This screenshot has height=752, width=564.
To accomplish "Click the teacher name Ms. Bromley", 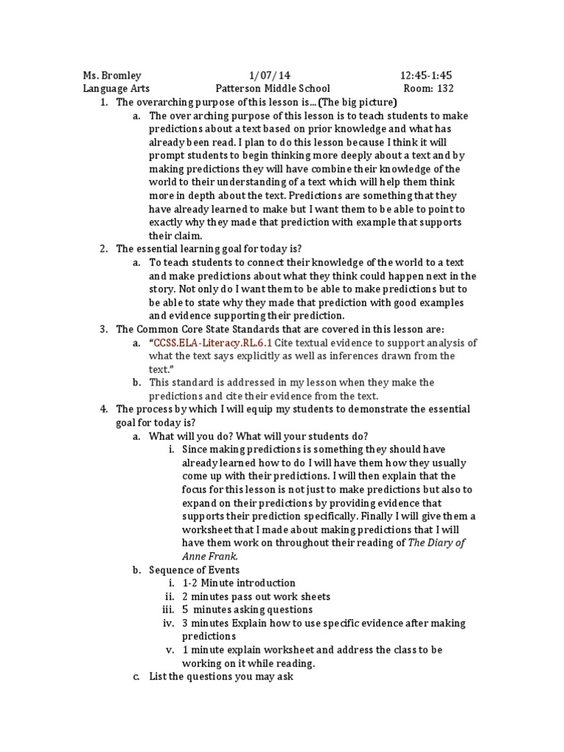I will pos(112,76).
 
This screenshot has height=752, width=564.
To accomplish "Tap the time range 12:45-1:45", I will pos(426,76).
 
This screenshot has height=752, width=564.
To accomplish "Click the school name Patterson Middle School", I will pos(272,89).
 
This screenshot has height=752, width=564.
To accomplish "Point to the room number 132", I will pos(465,89).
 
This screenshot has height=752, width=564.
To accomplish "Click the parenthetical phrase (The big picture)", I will pos(349,102).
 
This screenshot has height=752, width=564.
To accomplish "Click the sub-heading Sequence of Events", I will pos(194,569).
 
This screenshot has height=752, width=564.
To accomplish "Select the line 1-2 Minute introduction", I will pos(239,582).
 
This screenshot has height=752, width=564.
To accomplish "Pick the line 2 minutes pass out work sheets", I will pos(256,596).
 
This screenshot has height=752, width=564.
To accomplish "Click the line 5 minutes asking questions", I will pos(247,610).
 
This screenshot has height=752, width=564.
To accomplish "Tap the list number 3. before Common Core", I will pos(104,329).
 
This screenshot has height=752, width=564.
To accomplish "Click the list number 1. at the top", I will pos(104,102).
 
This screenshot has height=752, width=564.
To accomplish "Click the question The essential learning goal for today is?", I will pos(209,249).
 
